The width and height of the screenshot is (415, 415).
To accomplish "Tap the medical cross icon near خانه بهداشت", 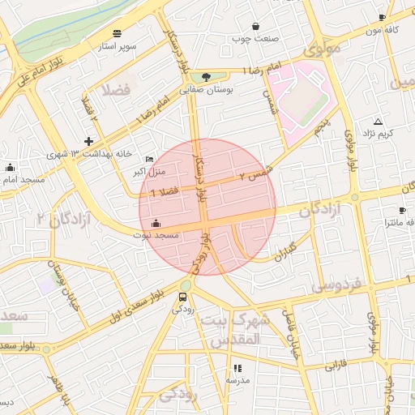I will point(88,142).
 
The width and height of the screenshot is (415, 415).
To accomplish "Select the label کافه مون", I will point(384,30).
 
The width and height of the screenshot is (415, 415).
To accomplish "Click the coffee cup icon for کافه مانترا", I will point(402,211).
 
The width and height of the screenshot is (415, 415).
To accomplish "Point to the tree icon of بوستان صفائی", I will point(207,78).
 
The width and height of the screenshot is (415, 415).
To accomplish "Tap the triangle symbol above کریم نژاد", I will point(378,121).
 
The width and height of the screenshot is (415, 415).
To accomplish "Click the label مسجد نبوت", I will point(156,235).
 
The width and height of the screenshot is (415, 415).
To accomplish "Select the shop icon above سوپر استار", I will point(118,33).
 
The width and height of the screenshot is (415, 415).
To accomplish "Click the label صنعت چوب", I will point(255,38).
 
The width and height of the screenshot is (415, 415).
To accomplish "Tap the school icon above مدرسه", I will point(237,368).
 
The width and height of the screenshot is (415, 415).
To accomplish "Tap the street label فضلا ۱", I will point(164,189).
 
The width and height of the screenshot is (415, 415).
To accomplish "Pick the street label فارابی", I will point(336,366).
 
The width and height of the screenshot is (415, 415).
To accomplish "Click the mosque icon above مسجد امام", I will point(11,168).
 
